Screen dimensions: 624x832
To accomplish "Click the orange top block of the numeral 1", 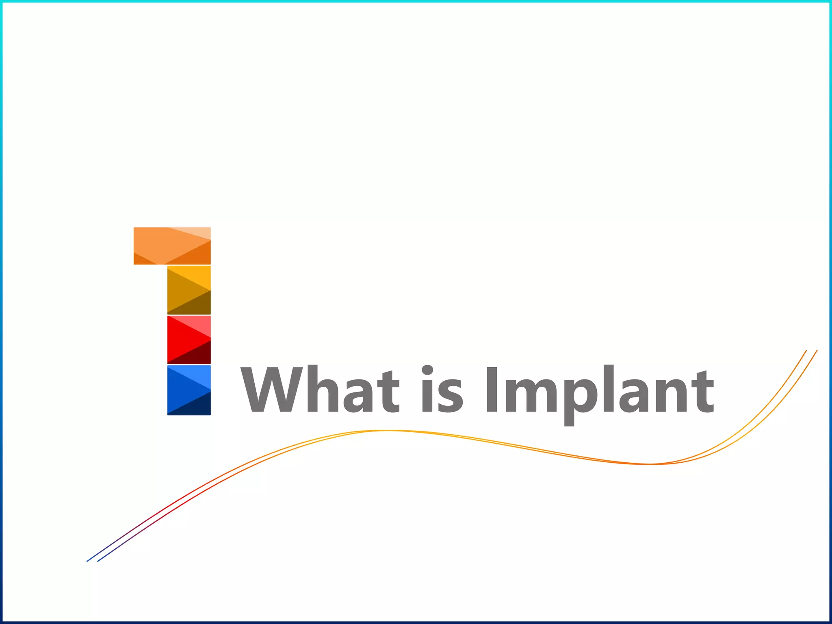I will click(x=172, y=246).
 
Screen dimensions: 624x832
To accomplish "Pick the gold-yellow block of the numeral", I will click(x=189, y=290).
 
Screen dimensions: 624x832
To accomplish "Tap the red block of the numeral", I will click(x=189, y=340).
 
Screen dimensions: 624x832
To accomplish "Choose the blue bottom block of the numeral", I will click(x=189, y=390).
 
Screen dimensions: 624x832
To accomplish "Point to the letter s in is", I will click(x=452, y=396).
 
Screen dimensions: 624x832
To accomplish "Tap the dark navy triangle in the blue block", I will click(x=197, y=406).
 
